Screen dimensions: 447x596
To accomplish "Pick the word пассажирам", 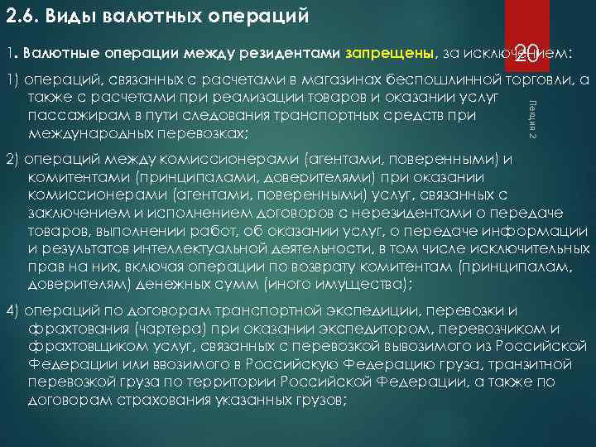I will pyautogui.click(x=70, y=115).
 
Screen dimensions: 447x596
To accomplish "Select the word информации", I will pyautogui.click(x=542, y=229).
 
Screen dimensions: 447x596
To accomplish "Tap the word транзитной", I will pyautogui.click(x=529, y=363).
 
